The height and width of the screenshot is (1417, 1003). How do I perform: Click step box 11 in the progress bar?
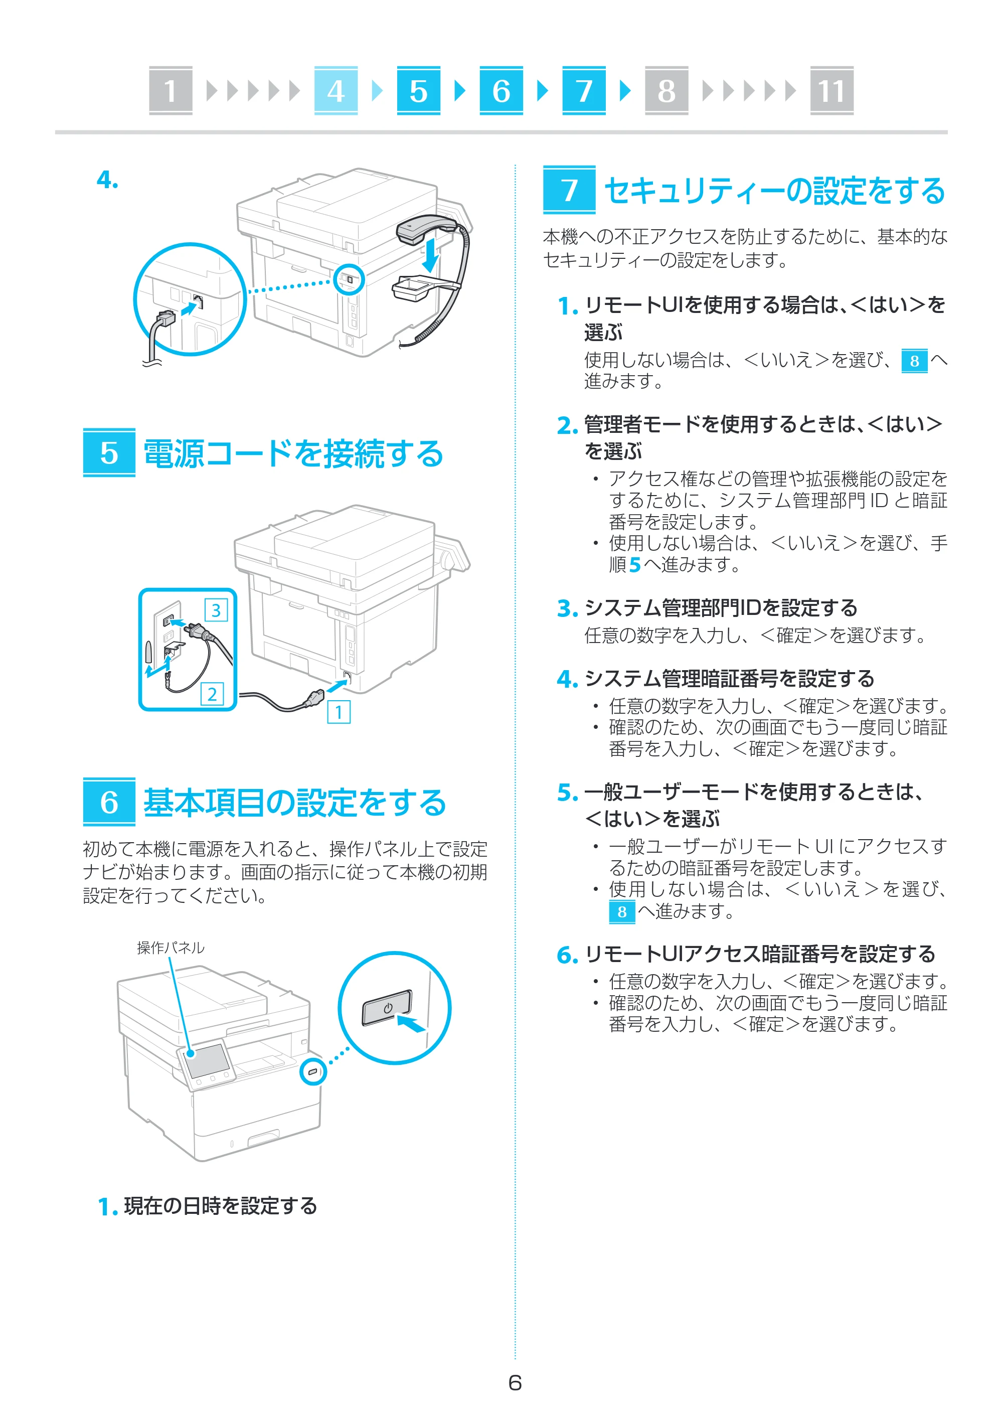pyautogui.click(x=831, y=90)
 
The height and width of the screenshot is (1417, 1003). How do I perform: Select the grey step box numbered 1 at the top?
pyautogui.click(x=171, y=90)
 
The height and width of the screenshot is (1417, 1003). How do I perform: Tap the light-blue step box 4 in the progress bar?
pyautogui.click(x=336, y=90)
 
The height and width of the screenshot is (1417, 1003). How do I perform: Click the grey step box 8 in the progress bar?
pyautogui.click(x=666, y=90)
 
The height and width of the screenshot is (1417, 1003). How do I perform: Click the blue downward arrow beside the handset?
pyautogui.click(x=430, y=254)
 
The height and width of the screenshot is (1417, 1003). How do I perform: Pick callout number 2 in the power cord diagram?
pyautogui.click(x=212, y=694)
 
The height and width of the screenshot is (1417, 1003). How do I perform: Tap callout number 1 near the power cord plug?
pyautogui.click(x=339, y=712)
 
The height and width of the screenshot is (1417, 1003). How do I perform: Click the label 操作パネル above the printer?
pyautogui.click(x=171, y=948)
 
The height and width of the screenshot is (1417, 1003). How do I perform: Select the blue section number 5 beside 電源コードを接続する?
pyautogui.click(x=109, y=453)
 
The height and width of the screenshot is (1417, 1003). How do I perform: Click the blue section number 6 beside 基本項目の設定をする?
pyautogui.click(x=109, y=802)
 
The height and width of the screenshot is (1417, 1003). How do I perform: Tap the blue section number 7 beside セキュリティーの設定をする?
pyautogui.click(x=569, y=190)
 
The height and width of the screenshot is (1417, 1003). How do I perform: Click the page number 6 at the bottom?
pyautogui.click(x=515, y=1382)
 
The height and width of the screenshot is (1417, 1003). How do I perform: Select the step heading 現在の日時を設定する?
pyautogui.click(x=221, y=1206)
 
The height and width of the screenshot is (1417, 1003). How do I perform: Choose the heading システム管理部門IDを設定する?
pyautogui.click(x=721, y=608)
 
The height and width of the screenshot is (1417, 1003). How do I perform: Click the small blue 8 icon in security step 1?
pyautogui.click(x=915, y=361)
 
